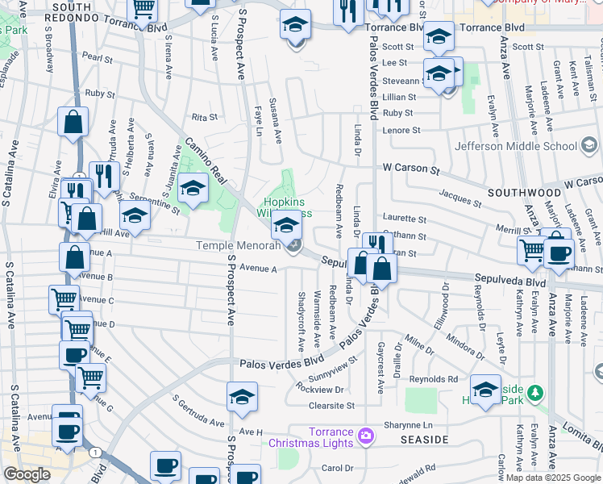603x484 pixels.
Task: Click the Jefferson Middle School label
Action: [x=515, y=146]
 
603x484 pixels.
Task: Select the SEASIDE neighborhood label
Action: [x=424, y=440]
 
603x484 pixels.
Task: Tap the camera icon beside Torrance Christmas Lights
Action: [x=367, y=436]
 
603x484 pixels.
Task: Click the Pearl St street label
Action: [x=97, y=58]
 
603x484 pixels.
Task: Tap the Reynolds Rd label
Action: [x=434, y=379]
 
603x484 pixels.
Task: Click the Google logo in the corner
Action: [x=26, y=474]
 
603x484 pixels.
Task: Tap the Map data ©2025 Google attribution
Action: [x=552, y=478]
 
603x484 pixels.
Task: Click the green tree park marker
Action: [x=534, y=394]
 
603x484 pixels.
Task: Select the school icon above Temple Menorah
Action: [x=286, y=225]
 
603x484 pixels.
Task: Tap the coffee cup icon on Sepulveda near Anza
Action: [x=558, y=252]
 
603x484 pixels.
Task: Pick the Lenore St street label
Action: [x=402, y=130]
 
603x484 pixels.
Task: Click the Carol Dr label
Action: [x=338, y=468]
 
